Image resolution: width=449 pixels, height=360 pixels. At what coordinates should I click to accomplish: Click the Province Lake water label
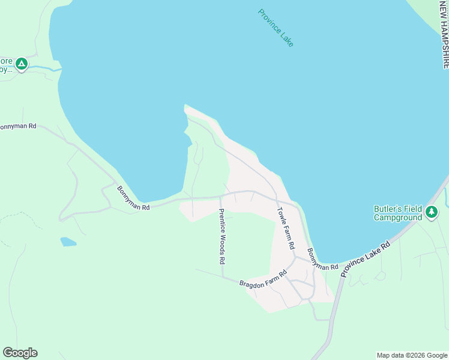[276, 28]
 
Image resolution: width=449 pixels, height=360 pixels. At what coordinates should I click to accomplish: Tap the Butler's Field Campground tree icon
[431, 211]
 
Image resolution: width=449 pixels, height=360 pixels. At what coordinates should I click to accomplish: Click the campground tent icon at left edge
[22, 63]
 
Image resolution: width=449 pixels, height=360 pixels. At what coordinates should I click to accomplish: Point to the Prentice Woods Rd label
[221, 236]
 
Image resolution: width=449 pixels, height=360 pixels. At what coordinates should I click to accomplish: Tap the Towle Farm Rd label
[286, 228]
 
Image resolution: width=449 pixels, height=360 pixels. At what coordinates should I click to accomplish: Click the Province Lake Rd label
[365, 259]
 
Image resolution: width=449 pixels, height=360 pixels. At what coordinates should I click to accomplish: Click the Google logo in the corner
[20, 353]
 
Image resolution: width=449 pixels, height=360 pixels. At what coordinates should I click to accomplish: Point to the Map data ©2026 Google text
[411, 355]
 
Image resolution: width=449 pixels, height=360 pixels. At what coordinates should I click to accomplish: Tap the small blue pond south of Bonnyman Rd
[68, 242]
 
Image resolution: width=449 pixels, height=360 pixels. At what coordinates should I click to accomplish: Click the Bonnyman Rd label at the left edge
[18, 127]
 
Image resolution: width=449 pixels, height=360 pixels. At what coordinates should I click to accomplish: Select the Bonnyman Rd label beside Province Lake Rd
[322, 259]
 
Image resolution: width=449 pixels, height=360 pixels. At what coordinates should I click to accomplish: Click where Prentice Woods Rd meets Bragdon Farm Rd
[222, 277]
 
